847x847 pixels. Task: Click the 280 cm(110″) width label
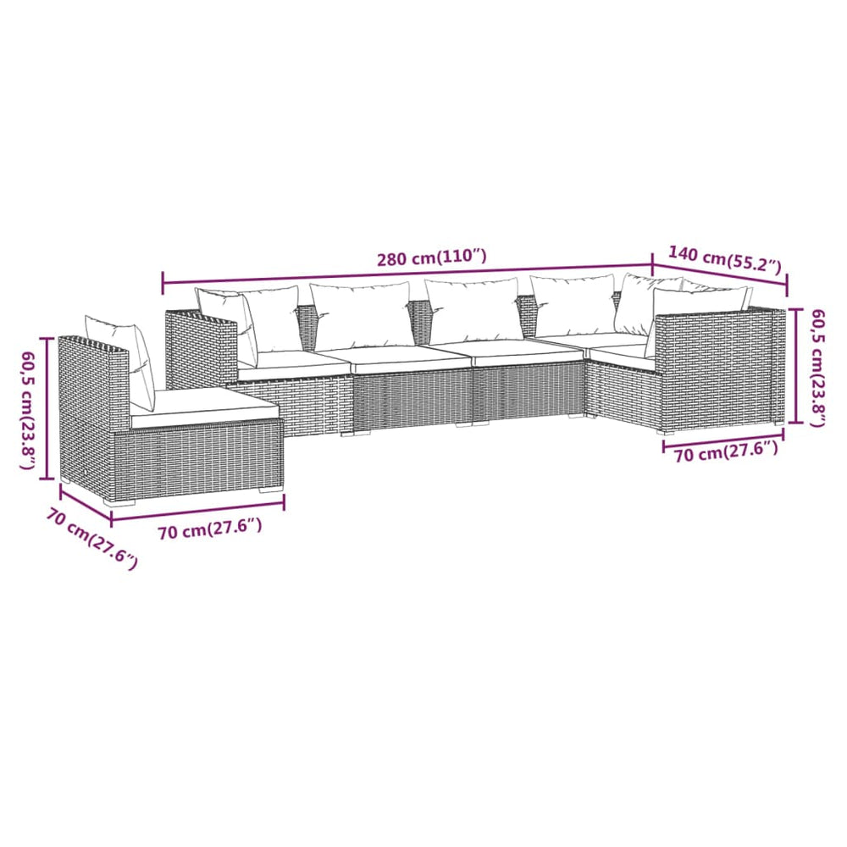click(x=432, y=257)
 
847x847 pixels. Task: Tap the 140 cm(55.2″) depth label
click(x=724, y=259)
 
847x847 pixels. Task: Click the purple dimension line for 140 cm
click(x=720, y=275)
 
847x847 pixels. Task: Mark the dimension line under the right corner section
click(x=723, y=440)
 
